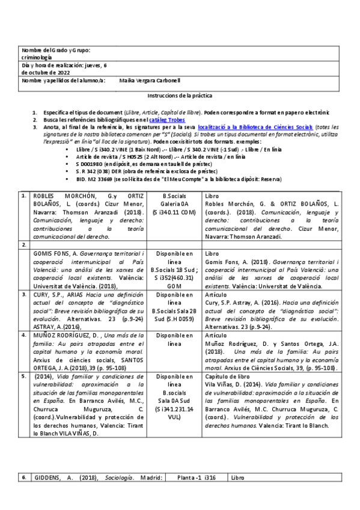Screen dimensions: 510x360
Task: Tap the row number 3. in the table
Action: [x=23, y=295]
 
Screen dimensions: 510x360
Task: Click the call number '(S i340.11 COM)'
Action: [x=174, y=213]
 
